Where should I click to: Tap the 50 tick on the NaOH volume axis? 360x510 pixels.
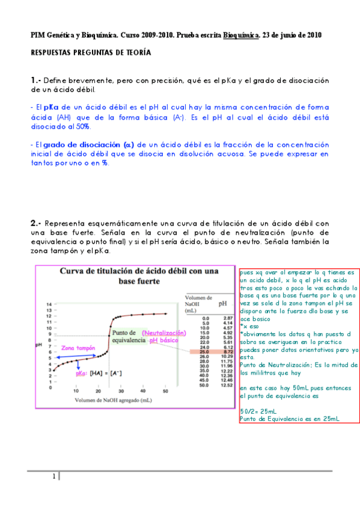(165, 390)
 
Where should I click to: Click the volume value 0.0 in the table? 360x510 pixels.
(206, 318)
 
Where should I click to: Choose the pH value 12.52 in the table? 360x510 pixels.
(227, 386)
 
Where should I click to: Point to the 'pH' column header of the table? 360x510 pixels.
(224, 304)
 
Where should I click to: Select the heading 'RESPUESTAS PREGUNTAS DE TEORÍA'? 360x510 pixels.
(91, 53)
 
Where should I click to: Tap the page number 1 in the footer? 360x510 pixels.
(54, 477)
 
